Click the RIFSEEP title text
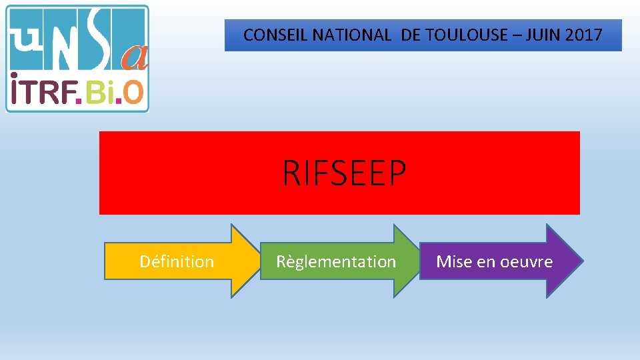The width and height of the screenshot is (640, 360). point(344,173)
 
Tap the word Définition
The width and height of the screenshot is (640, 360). point(177,261)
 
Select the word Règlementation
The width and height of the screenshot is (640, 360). point(336,261)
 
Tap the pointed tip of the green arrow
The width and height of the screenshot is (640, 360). point(421,261)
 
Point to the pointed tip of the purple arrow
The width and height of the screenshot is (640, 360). point(581,261)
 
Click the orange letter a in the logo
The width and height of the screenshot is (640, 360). point(135,59)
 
